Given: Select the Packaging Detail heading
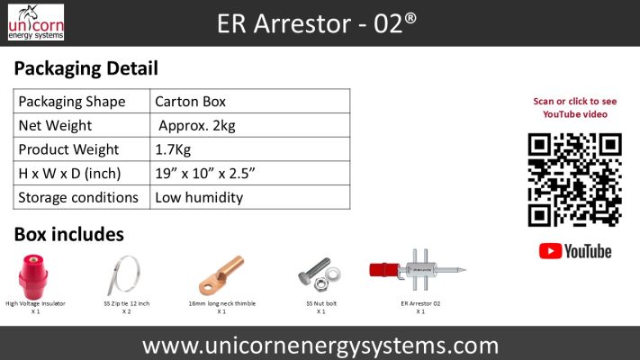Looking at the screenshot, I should click(x=86, y=68).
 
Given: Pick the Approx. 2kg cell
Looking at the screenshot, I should click(x=196, y=125).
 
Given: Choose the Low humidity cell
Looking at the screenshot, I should click(x=199, y=197).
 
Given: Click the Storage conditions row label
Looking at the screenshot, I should click(x=78, y=197).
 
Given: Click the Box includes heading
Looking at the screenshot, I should click(x=69, y=235).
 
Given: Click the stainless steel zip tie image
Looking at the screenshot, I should click(x=125, y=274).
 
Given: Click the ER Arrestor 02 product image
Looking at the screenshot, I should click(x=419, y=270).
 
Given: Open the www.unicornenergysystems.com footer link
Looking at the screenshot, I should click(x=320, y=345).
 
